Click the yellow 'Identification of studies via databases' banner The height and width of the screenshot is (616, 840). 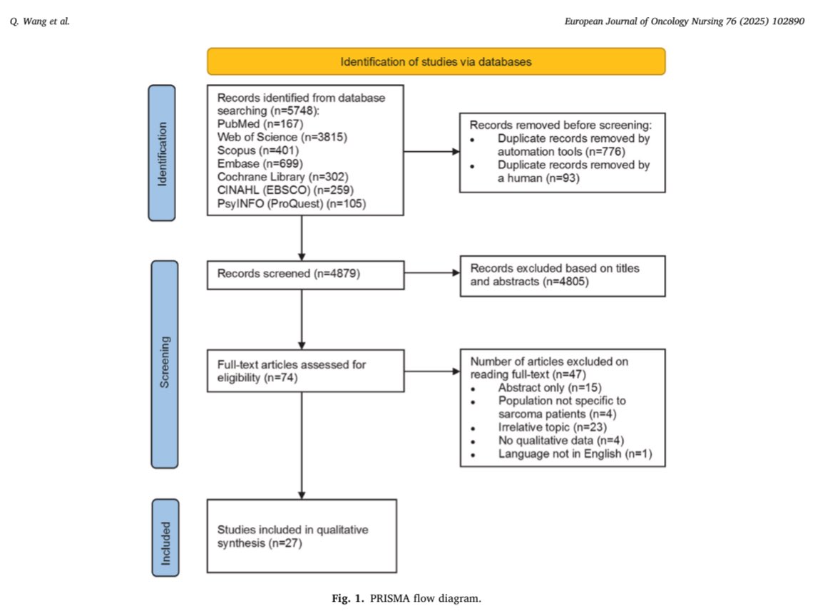click(x=436, y=61)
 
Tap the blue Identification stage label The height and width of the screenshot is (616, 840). click(x=162, y=153)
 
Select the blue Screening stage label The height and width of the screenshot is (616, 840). click(x=165, y=364)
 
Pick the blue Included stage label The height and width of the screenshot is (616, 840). click(x=165, y=538)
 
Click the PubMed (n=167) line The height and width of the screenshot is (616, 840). click(x=260, y=124)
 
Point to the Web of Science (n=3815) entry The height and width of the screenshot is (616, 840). click(x=282, y=137)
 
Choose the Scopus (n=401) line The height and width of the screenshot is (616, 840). click(x=257, y=150)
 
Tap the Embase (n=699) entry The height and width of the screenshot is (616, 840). click(x=260, y=163)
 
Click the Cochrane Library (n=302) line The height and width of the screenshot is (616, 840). click(x=282, y=177)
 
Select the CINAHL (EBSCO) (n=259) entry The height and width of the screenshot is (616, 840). click(x=285, y=190)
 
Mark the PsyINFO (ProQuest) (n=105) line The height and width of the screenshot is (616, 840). click(x=292, y=203)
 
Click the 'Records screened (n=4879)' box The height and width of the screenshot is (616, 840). click(x=305, y=274)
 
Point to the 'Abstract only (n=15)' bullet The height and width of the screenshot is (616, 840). click(x=550, y=387)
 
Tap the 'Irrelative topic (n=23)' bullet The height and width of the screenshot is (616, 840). click(x=553, y=427)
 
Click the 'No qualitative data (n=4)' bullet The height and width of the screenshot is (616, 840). click(x=561, y=441)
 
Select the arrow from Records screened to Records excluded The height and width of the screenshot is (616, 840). click(x=432, y=272)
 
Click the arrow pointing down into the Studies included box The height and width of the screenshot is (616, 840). click(x=302, y=446)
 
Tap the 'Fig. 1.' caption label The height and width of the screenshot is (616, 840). click(x=348, y=598)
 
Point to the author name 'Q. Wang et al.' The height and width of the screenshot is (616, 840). click(x=40, y=21)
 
